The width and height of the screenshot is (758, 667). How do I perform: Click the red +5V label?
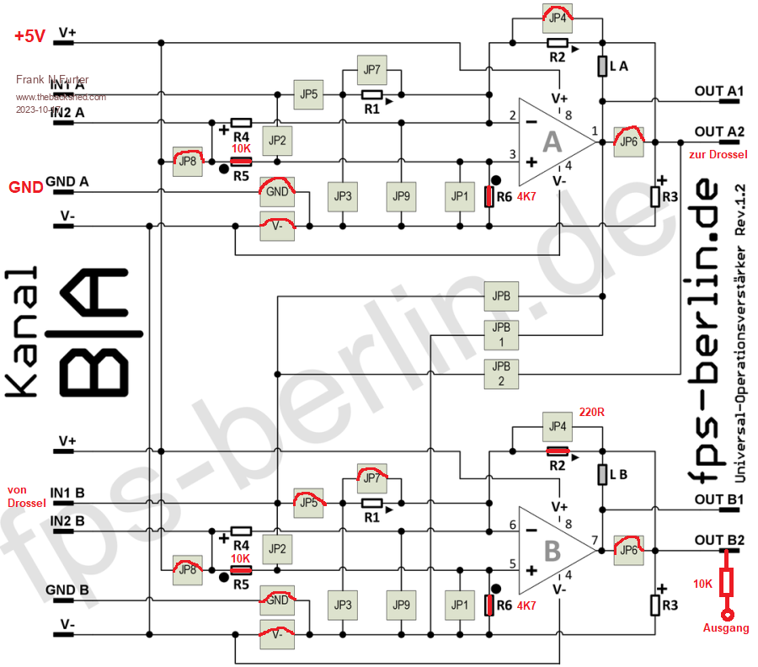(29, 36)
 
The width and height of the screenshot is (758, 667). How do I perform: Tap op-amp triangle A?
(552, 141)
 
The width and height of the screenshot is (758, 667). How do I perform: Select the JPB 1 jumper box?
(502, 334)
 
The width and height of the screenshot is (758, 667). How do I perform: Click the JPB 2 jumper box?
(502, 373)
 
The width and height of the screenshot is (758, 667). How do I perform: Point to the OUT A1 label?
(718, 90)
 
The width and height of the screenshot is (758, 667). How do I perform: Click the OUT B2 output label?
(718, 539)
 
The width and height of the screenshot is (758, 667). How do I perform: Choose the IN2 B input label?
(67, 520)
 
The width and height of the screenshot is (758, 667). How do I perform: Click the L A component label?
(620, 66)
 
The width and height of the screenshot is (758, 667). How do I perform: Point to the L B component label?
(620, 474)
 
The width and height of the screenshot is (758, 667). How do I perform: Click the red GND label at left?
(25, 187)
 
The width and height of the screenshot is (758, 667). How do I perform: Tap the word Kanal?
(24, 333)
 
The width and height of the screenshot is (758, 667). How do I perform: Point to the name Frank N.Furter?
(52, 79)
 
